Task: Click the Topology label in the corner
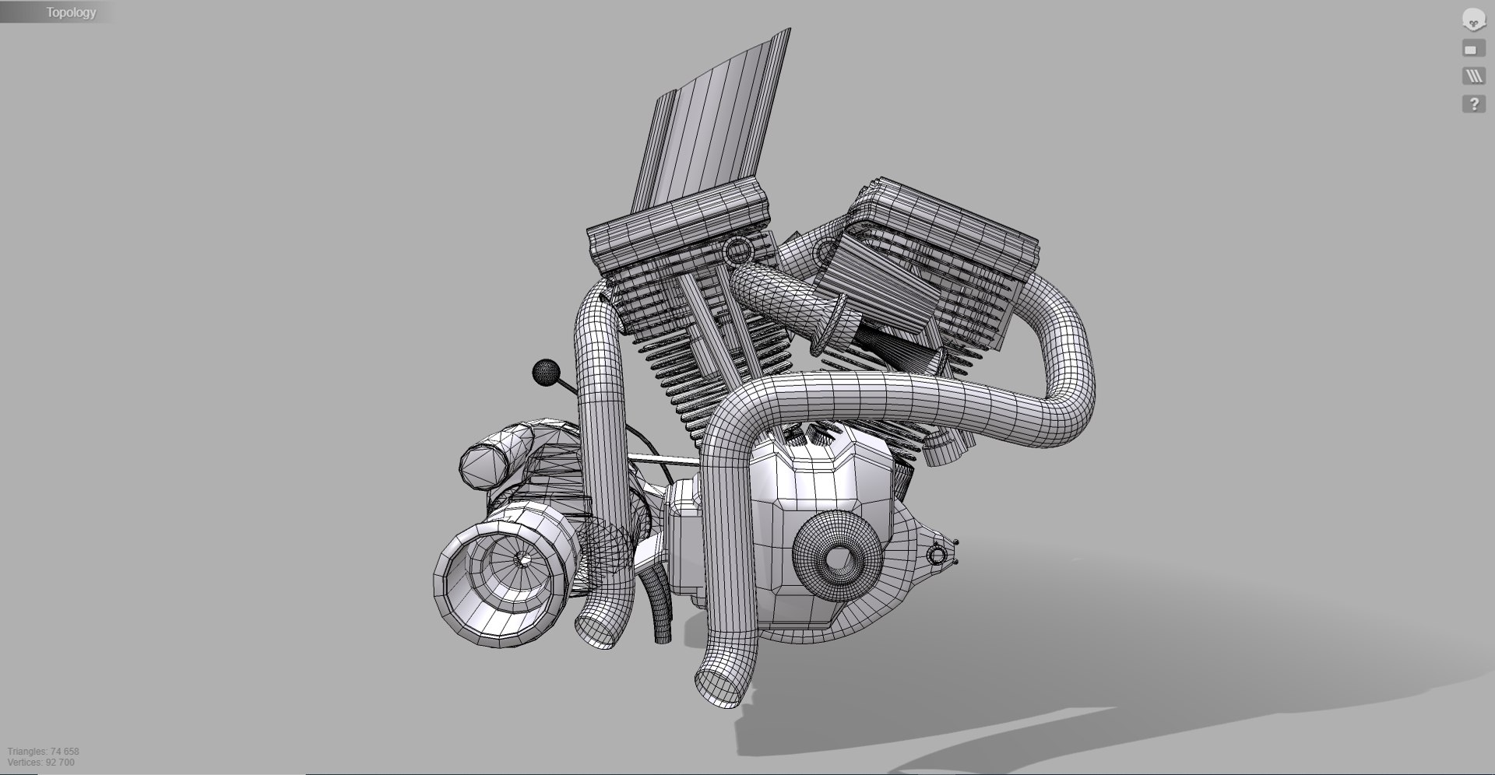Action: [x=71, y=12]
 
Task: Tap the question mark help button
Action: [x=1473, y=104]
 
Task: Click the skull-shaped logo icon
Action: [x=1473, y=20]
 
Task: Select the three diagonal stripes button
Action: [x=1473, y=76]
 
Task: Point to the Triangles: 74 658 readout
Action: [x=44, y=752]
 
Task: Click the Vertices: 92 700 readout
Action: [x=41, y=763]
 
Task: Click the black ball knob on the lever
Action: [x=546, y=373]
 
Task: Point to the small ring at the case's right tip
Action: [x=938, y=554]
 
